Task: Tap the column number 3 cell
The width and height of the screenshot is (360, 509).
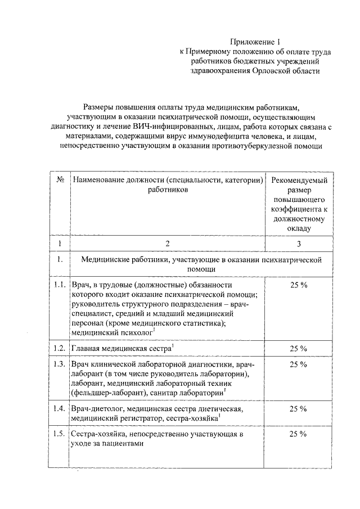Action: coord(299,243)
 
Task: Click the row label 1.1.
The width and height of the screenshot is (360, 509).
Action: coord(60,285)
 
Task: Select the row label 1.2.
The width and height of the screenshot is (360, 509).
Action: coord(60,348)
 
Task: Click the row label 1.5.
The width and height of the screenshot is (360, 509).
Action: coord(60,434)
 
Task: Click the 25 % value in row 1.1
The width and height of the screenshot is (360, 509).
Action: coord(299,285)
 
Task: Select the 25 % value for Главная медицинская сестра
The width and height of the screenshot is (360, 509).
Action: coord(299,348)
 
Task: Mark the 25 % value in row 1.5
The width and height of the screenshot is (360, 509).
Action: coord(299,434)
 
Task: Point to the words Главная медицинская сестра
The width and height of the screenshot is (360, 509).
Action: coord(120,348)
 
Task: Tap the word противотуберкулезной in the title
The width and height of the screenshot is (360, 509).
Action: coord(250,146)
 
